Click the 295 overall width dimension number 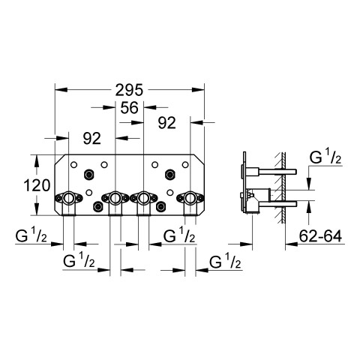coord(129,90)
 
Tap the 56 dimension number coord(129,108)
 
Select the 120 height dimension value coord(37,185)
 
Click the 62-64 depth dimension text coord(320,235)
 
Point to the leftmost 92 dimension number coord(92,138)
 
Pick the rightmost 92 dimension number coord(167,123)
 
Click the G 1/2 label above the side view coord(325,157)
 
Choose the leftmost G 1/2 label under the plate coord(31,235)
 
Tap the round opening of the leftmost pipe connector coord(68,198)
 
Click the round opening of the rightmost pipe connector coord(190,198)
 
